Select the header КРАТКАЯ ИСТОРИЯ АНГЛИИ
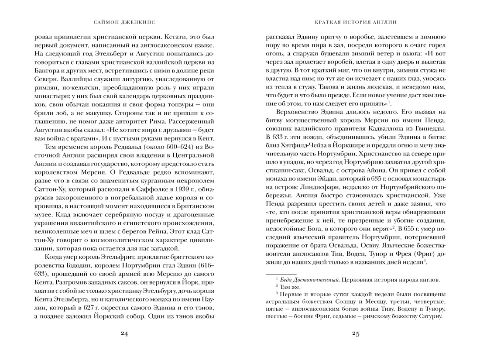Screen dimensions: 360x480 tap(356, 21)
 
